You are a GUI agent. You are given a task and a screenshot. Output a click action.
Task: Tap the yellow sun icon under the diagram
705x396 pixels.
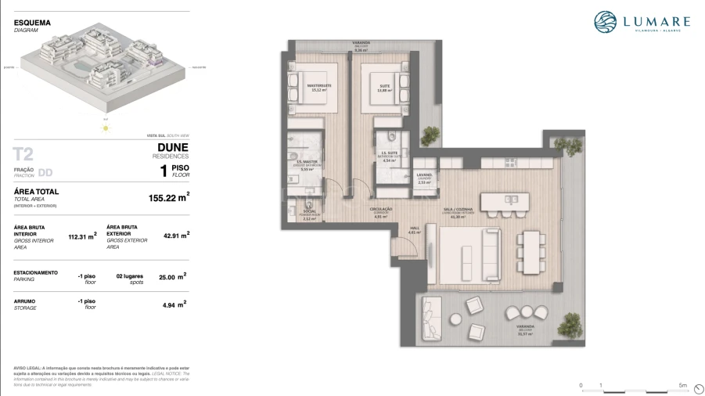click(105, 127)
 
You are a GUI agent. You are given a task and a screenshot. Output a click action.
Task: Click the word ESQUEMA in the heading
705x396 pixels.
click(32, 23)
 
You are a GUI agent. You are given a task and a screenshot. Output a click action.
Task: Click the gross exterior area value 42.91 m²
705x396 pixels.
click(176, 234)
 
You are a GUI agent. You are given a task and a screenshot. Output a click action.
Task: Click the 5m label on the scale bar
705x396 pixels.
click(683, 386)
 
